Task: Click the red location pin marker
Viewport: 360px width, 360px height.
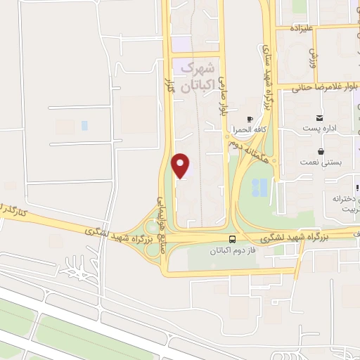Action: (181, 165)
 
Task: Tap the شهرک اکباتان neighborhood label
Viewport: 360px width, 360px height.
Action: (197, 78)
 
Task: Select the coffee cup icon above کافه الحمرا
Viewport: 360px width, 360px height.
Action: (250, 120)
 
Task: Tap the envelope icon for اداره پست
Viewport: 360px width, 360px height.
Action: (320, 117)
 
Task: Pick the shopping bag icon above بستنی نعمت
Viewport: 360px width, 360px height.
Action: (321, 150)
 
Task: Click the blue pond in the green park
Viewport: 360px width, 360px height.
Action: (259, 187)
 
